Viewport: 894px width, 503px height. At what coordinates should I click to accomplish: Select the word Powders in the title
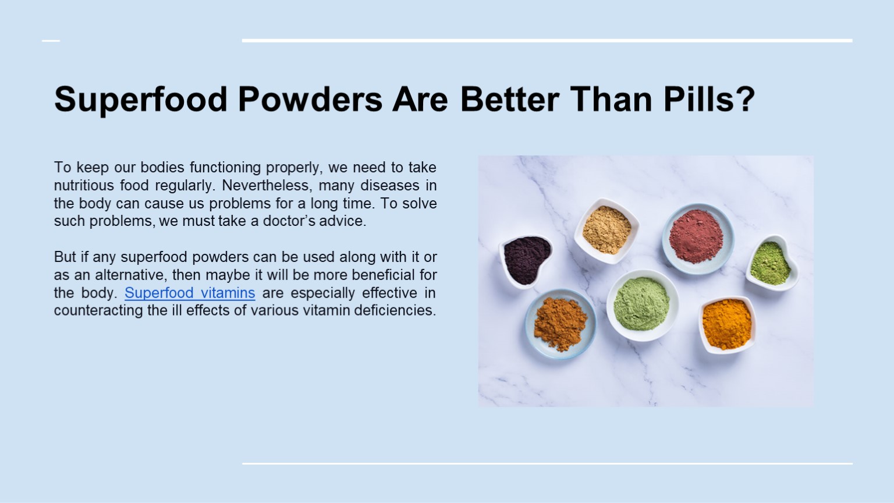coord(310,100)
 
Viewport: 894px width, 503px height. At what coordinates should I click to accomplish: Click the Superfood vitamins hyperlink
coord(190,293)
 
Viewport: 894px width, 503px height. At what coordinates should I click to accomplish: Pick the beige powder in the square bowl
coord(606,230)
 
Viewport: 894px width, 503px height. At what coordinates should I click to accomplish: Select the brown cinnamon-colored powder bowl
coord(560,323)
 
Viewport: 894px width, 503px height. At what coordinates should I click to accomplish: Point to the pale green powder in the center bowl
coord(641,303)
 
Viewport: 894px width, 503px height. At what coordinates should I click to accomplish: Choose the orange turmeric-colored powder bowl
coord(726,324)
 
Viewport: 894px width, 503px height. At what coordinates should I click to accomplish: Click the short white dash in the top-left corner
coord(51,41)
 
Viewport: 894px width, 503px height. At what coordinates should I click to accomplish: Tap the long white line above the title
coord(547,41)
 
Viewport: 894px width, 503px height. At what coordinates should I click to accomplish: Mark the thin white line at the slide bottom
coord(547,463)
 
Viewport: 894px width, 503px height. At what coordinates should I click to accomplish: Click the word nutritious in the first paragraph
coord(84,186)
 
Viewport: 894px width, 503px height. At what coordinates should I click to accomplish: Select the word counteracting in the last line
coord(98,310)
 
